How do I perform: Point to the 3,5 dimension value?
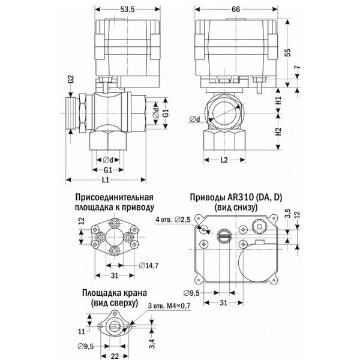[288, 212]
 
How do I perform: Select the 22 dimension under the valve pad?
[114, 353]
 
